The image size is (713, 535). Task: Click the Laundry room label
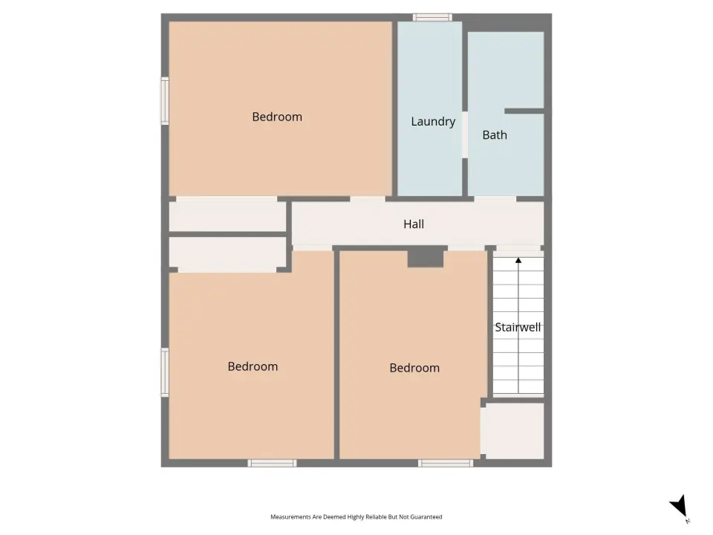click(x=433, y=121)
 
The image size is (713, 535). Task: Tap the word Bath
click(x=495, y=135)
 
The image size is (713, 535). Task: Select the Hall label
click(x=414, y=224)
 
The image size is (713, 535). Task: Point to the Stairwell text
click(x=518, y=328)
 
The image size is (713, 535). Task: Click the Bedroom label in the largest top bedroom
click(x=277, y=117)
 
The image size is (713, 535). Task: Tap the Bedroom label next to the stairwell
click(x=414, y=368)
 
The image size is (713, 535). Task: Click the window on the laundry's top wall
click(x=432, y=17)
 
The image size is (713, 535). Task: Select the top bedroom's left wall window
click(x=165, y=100)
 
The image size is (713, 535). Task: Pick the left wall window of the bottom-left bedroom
click(x=165, y=372)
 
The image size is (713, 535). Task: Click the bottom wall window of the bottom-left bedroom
click(x=272, y=463)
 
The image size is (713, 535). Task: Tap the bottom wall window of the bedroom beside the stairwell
click(x=446, y=463)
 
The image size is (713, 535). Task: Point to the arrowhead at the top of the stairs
click(x=518, y=260)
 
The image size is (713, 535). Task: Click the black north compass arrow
click(x=679, y=506)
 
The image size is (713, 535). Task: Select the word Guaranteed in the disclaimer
click(x=426, y=517)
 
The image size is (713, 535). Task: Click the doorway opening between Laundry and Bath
click(x=465, y=134)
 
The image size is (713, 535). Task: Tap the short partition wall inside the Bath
click(x=524, y=111)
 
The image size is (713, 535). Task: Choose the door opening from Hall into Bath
click(x=495, y=199)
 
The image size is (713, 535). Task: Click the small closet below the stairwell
click(x=515, y=430)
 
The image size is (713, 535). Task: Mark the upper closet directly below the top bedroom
click(x=227, y=216)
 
